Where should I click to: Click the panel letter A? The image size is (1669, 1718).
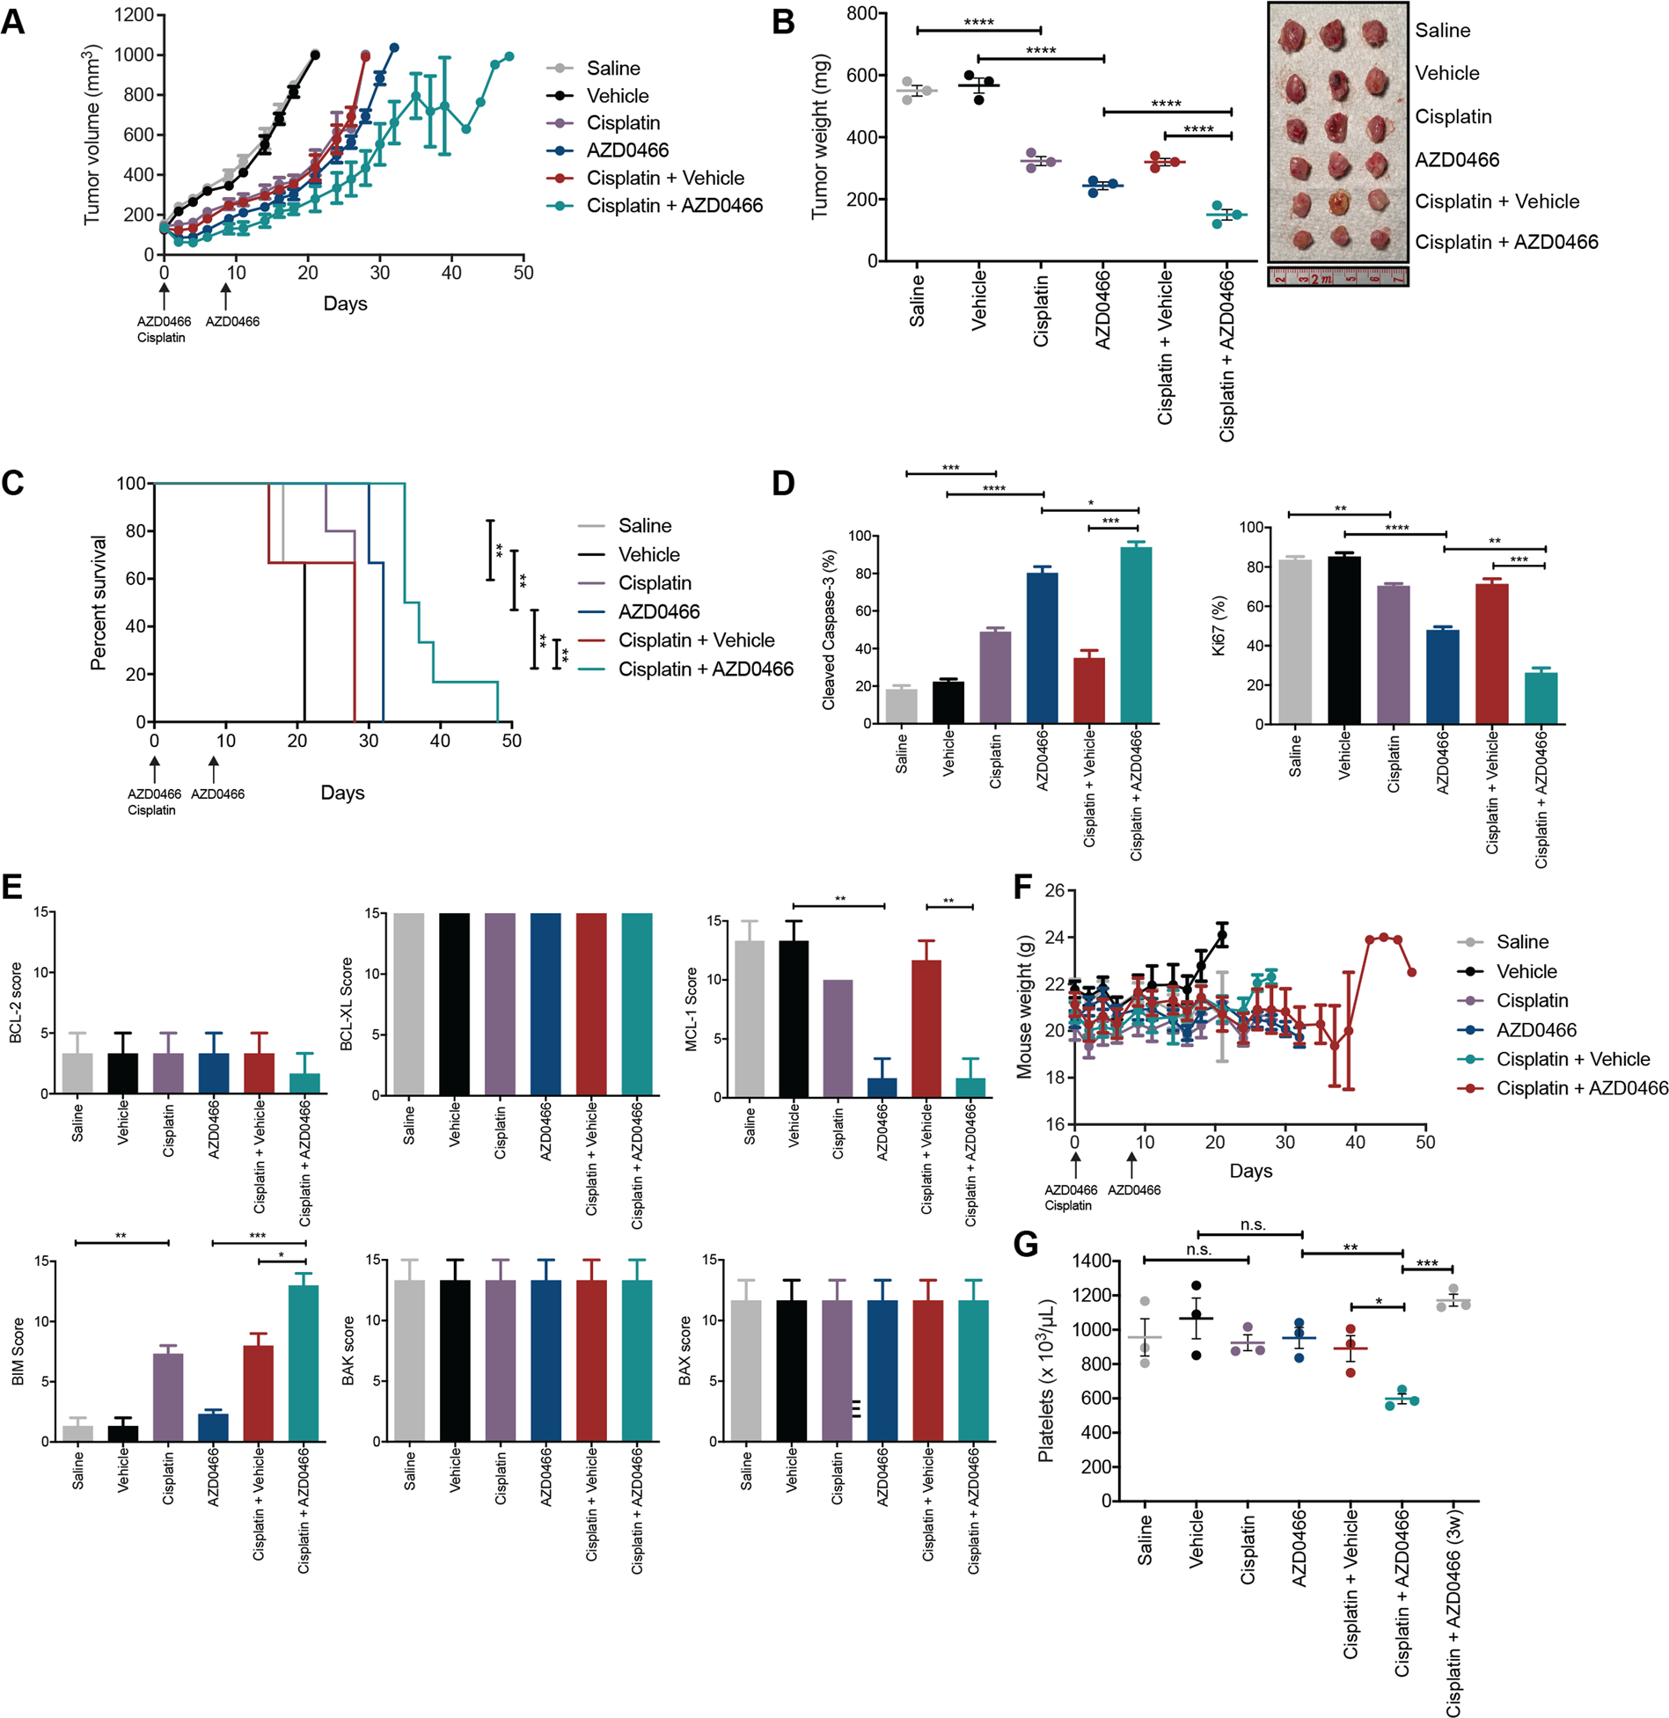click(13, 21)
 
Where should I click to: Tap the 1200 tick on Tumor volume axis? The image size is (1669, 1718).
click(135, 15)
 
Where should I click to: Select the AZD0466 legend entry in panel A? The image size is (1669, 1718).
click(626, 150)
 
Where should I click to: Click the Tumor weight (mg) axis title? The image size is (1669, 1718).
click(820, 135)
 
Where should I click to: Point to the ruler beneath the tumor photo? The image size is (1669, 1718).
click(1337, 278)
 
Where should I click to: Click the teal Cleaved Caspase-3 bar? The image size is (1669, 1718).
click(1135, 634)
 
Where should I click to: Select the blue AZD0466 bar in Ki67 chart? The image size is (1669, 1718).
click(1443, 676)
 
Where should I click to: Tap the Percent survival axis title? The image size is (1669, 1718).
click(99, 603)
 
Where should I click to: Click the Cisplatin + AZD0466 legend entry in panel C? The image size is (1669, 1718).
click(705, 669)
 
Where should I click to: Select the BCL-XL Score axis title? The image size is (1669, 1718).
click(347, 1003)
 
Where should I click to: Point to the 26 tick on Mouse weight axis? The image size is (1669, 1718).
click(1054, 890)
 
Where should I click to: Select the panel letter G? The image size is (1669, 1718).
click(1026, 1244)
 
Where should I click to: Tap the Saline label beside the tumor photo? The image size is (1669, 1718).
click(1442, 31)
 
